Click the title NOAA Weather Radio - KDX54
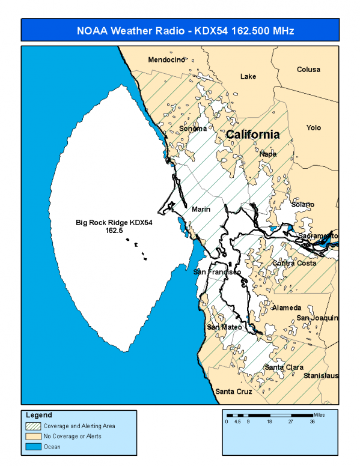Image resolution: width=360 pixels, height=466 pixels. click(180, 30)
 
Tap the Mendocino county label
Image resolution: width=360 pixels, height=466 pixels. click(166, 59)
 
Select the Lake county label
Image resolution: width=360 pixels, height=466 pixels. click(248, 76)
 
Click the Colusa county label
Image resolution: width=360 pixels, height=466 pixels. click(308, 70)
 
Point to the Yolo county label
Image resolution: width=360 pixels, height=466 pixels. click(313, 128)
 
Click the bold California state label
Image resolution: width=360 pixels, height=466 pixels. click(252, 135)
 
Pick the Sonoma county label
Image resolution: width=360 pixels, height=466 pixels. click(193, 129)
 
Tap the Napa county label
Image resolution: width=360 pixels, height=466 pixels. click(268, 154)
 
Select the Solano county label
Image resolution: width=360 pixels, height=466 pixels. click(302, 205)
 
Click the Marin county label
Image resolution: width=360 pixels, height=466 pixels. click(201, 210)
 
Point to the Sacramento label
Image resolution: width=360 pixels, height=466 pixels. click(319, 236)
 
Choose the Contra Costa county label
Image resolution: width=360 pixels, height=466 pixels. click(294, 263)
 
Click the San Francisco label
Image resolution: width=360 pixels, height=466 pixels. click(217, 272)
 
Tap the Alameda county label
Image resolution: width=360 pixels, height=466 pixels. click(287, 307)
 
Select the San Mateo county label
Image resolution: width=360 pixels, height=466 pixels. click(224, 327)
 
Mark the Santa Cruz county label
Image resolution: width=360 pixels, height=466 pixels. click(234, 392)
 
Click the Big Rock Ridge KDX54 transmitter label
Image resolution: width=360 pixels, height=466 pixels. click(114, 226)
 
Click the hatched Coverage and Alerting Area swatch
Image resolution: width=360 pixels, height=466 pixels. click(32, 426)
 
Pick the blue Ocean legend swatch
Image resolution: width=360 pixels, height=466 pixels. click(32, 446)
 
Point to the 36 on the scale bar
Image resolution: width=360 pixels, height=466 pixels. click(312, 422)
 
